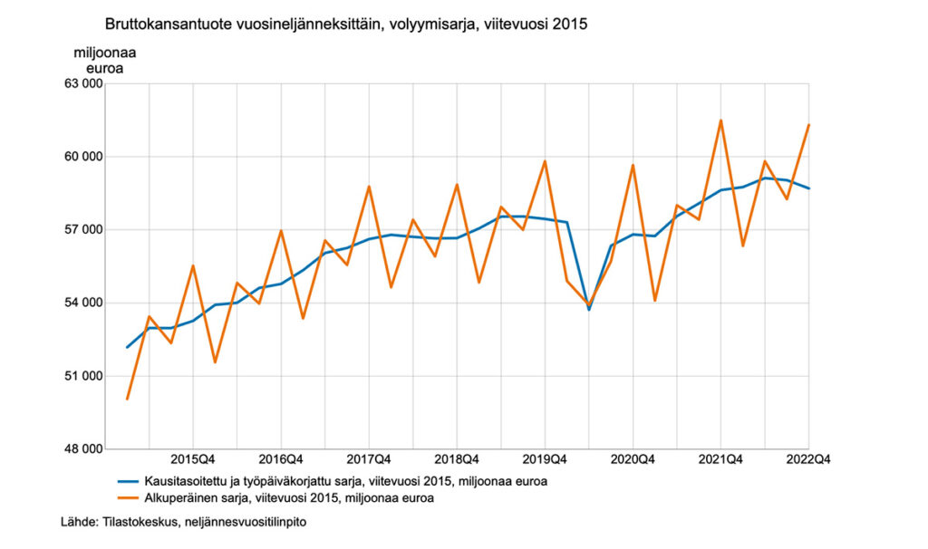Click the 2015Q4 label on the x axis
(192, 459)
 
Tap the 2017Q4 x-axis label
(368, 459)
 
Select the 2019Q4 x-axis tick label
(544, 459)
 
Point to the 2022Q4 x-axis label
(808, 459)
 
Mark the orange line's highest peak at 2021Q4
(720, 120)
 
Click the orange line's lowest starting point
(127, 399)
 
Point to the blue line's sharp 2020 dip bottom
(589, 310)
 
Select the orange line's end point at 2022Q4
(808, 125)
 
